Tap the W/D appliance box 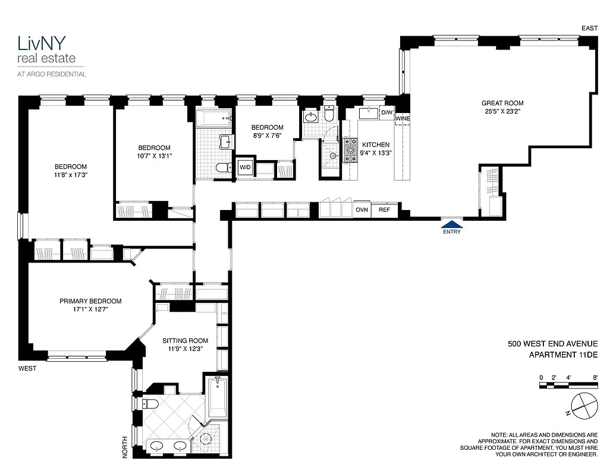tap(245, 167)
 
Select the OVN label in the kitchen tap(362, 210)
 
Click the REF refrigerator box tap(385, 210)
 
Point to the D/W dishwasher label tap(386, 112)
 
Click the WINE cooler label tap(403, 119)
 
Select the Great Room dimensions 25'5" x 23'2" tap(502, 111)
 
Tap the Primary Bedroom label tap(90, 301)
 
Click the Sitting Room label tap(186, 341)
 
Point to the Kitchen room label tap(376, 145)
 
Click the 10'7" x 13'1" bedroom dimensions tap(154, 156)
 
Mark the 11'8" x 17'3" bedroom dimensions tap(71, 175)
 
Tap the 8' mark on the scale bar tap(595, 377)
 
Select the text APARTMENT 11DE tap(562, 355)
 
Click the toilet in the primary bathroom tap(149, 404)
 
